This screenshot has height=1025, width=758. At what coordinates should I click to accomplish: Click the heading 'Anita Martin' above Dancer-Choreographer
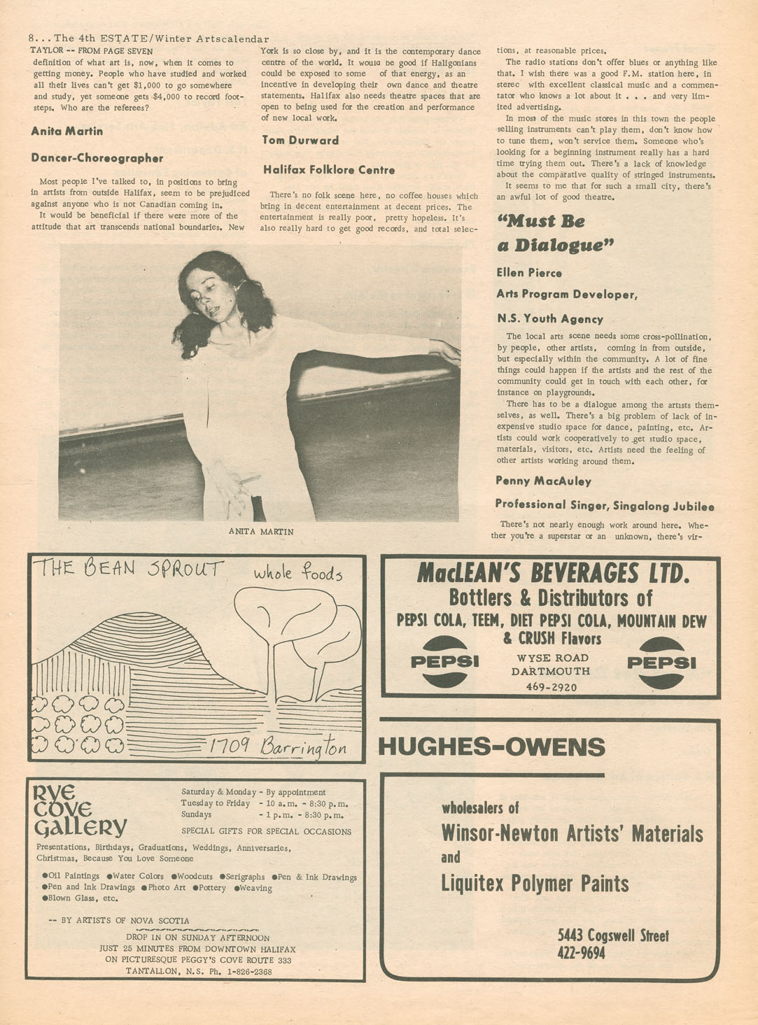tap(67, 132)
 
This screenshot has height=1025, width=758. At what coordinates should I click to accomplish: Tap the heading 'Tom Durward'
tap(300, 140)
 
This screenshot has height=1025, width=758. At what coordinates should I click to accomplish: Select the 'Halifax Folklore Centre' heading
tap(329, 170)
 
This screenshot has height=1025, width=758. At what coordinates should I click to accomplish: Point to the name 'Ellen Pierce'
tap(529, 273)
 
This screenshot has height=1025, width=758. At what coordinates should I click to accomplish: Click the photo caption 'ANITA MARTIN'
tap(261, 532)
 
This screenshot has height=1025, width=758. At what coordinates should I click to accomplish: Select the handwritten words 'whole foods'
tap(298, 574)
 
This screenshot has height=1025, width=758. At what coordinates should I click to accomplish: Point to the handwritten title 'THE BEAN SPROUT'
tap(131, 568)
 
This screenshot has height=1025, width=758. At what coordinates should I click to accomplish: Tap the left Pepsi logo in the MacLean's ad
tap(444, 661)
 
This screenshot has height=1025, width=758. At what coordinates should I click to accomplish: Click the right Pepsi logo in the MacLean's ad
tap(661, 662)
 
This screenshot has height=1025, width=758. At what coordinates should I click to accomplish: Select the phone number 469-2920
tap(552, 687)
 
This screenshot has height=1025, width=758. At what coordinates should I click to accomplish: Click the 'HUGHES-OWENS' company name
tap(491, 747)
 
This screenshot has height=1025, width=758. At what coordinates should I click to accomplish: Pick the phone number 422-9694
tap(581, 953)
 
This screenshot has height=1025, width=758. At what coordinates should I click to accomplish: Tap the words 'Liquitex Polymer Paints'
tap(535, 884)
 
